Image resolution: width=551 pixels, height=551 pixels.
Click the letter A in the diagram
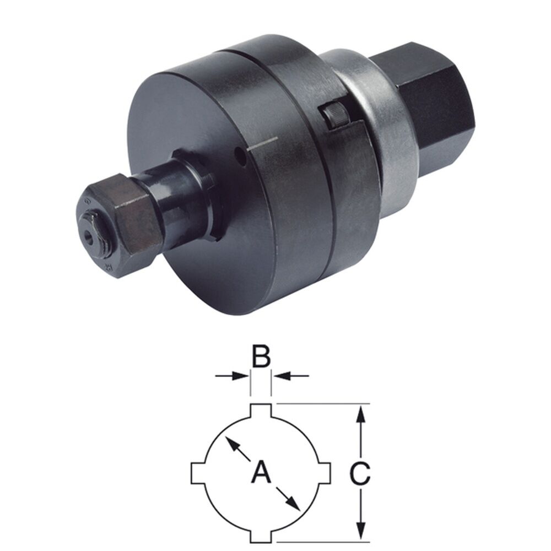pos(261,472)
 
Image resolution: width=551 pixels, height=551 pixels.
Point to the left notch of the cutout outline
pos(197,472)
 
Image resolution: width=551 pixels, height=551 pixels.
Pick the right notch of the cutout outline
pos(325,472)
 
